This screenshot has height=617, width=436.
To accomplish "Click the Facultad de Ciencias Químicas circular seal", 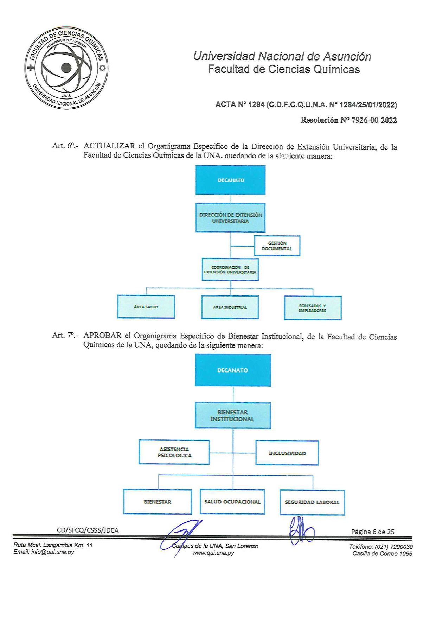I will (66, 68).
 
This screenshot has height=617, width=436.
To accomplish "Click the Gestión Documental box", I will (277, 246).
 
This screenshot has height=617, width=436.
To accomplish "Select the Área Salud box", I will (146, 307).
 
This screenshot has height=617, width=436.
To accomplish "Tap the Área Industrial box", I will (230, 307).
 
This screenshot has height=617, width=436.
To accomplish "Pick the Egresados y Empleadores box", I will (313, 308).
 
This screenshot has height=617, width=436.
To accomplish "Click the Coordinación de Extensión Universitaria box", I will (230, 270).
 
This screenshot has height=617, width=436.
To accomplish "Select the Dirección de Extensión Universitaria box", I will (230, 218).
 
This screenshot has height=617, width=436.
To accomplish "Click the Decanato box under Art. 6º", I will (230, 180).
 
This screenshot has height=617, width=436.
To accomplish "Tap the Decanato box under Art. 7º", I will (233, 370).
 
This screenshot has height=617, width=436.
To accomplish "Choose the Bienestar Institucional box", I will (233, 415).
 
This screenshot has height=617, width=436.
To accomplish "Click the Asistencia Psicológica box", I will (174, 452).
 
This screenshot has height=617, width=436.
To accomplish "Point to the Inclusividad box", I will (287, 453).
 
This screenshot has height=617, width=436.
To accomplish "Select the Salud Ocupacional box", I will (232, 502).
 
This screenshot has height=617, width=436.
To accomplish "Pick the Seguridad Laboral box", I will (312, 502).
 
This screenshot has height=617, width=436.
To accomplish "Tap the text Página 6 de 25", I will (372, 532).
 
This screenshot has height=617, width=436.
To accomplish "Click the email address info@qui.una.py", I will (52, 552).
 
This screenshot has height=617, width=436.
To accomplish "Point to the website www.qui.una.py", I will (213, 553).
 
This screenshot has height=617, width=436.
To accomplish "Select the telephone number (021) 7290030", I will (394, 547).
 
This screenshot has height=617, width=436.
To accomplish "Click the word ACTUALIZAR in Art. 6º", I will (109, 146).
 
